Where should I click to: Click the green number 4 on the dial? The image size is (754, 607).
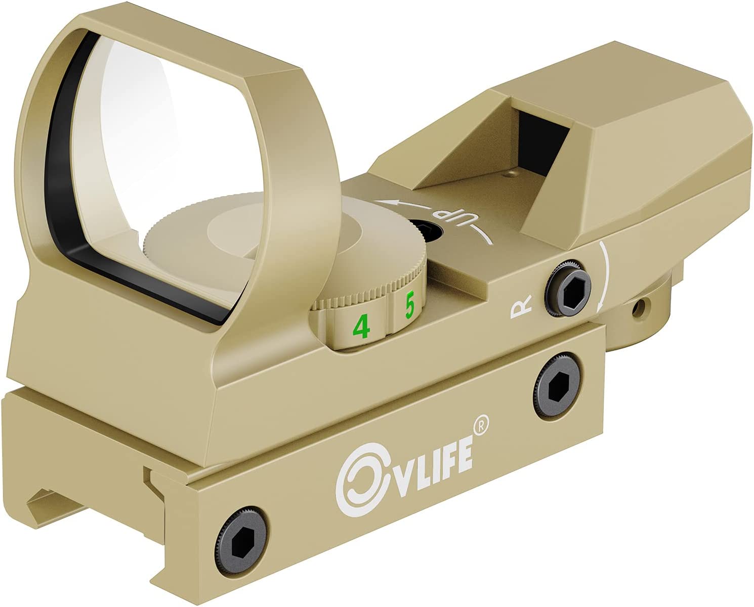coord(361,327)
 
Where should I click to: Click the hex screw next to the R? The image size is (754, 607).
coord(566,290)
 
